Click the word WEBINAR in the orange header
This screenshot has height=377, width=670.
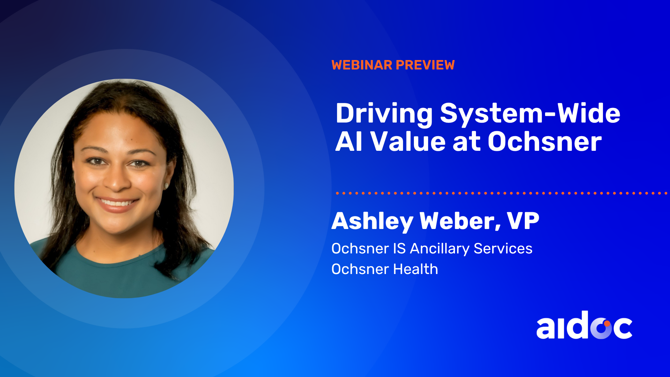(x=362, y=65)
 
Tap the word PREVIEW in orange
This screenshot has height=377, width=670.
(x=425, y=65)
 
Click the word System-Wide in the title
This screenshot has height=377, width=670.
(x=530, y=114)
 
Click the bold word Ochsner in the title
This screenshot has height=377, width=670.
(x=545, y=142)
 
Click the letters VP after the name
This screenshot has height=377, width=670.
(x=523, y=221)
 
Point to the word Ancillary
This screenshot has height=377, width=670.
(x=440, y=249)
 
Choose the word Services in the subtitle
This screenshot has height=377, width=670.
(x=503, y=249)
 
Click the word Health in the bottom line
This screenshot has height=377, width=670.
(x=416, y=269)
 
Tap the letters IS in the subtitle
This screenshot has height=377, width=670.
(x=400, y=249)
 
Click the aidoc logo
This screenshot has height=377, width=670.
(x=584, y=325)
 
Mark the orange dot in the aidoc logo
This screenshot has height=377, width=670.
(x=607, y=324)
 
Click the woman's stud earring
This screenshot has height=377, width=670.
(x=166, y=185)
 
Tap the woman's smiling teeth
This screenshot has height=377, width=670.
(x=117, y=202)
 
